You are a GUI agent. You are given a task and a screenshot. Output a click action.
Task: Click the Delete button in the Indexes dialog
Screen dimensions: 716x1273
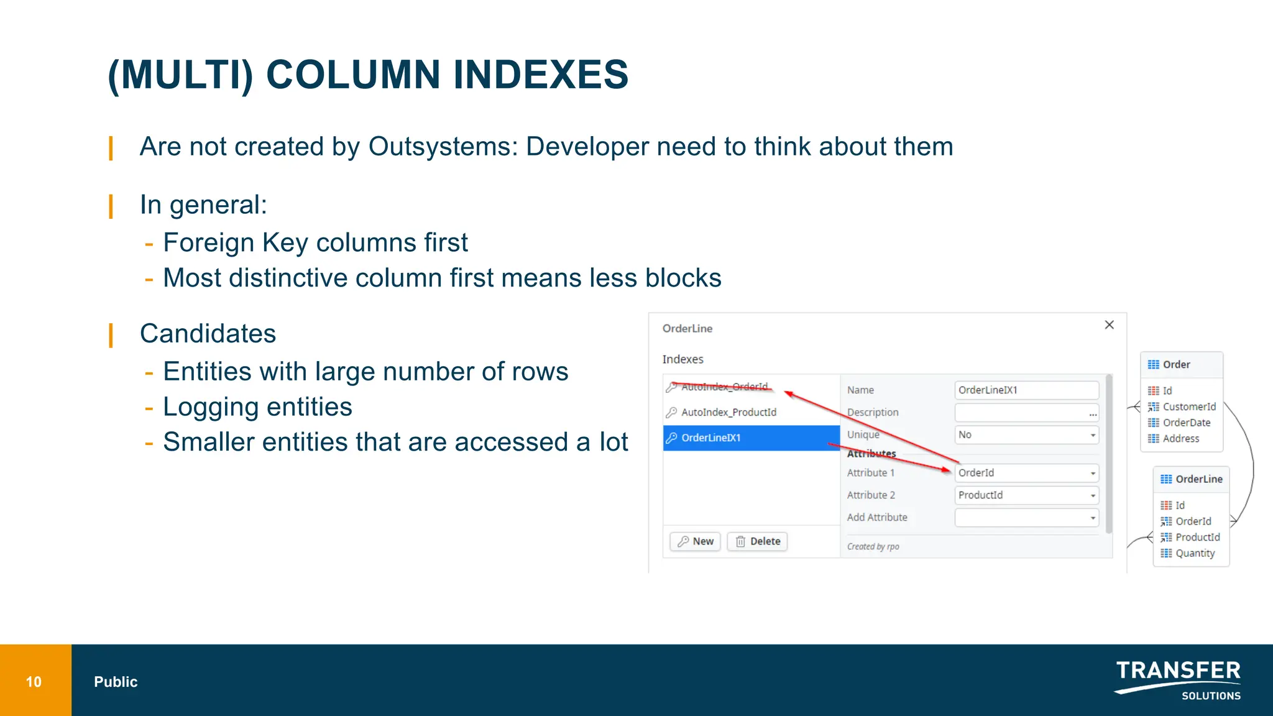(x=758, y=541)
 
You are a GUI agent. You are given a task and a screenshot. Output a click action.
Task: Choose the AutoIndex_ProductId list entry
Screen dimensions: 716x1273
(x=728, y=412)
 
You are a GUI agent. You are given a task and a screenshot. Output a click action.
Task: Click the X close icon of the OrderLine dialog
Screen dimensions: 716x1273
(x=1109, y=325)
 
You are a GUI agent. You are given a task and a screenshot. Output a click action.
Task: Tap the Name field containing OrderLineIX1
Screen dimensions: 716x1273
(x=1026, y=390)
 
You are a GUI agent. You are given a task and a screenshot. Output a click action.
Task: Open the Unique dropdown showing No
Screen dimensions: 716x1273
(x=1026, y=435)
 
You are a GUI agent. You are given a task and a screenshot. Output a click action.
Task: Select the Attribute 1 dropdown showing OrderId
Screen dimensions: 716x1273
(x=1026, y=473)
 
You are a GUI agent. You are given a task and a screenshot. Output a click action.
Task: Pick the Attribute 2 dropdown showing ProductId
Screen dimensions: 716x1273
(x=1026, y=495)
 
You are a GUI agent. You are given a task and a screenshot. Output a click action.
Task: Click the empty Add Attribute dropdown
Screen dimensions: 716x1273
(x=1026, y=518)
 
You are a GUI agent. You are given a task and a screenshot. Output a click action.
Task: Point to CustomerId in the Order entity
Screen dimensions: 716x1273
(x=1188, y=406)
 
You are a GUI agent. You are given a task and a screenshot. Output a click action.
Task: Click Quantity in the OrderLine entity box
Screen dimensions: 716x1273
(x=1195, y=553)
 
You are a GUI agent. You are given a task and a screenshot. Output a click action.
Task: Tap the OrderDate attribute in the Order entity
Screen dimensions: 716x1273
(x=1186, y=423)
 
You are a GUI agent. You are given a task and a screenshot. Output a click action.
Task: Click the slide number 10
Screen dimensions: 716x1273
(x=34, y=682)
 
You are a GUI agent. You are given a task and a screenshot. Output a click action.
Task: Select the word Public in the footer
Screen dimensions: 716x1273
(x=116, y=682)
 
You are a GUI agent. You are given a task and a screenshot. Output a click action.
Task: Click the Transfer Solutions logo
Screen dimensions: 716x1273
(x=1178, y=680)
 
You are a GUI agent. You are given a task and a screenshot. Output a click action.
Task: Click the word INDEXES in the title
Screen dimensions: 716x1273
(x=540, y=75)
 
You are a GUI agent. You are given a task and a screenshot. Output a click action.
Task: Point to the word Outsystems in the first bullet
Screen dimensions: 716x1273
(x=443, y=147)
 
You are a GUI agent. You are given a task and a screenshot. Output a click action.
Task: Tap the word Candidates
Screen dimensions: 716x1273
(x=208, y=334)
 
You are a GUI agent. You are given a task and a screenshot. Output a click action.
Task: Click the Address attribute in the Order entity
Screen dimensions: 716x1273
(x=1180, y=439)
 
